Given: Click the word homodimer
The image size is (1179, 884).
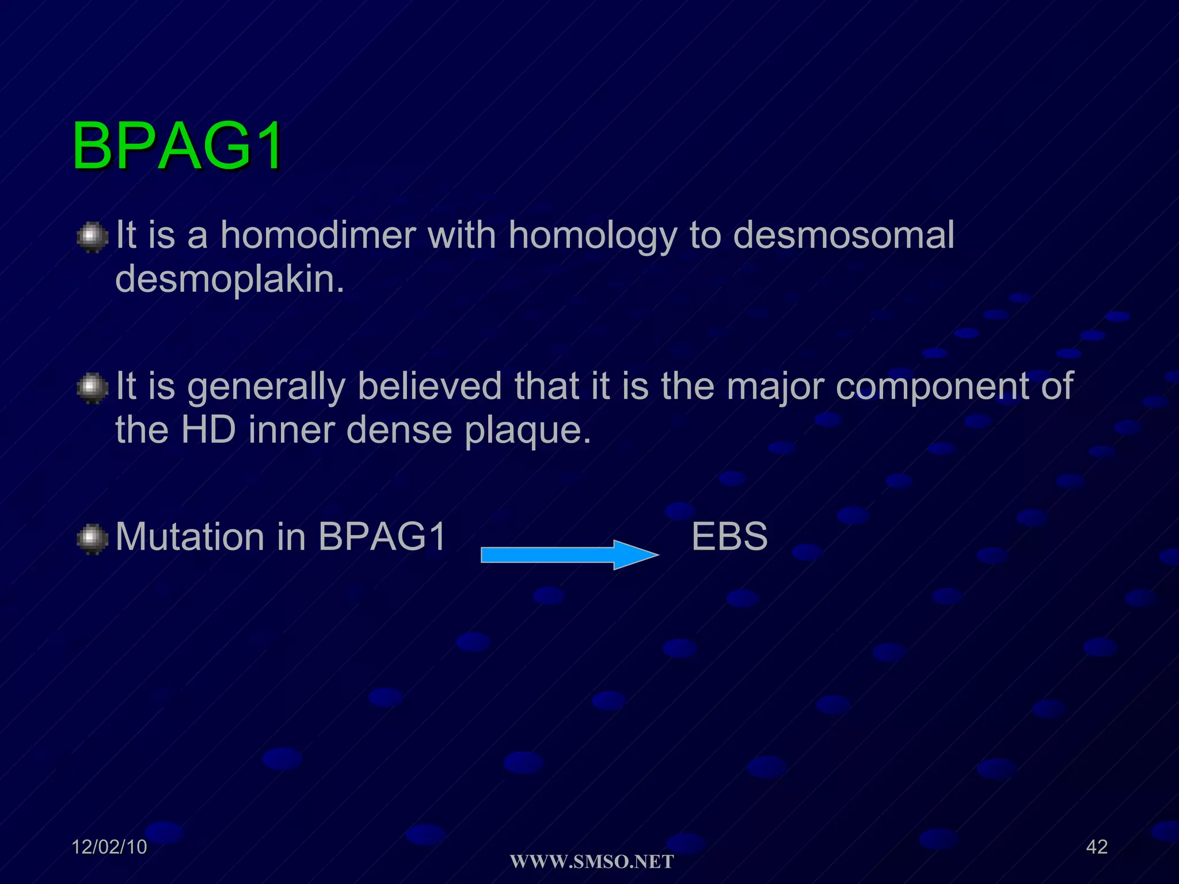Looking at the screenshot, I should point(318,235).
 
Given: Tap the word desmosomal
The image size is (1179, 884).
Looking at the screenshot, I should point(843,235).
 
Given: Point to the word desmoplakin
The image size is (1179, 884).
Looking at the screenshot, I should point(229,280).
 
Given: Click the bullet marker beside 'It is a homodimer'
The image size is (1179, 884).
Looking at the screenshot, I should point(92,238).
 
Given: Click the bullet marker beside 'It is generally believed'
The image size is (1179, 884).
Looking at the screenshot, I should point(92,388).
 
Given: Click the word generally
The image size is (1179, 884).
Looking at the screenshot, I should point(266,387).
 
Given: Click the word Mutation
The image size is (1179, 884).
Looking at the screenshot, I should point(189,536).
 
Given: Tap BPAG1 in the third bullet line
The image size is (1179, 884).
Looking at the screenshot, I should point(382,536).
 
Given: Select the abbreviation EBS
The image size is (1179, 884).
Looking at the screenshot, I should point(729,536).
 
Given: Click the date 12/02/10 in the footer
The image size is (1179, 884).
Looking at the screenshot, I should point(109,847).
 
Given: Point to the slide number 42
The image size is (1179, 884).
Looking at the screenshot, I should point(1096,847).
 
